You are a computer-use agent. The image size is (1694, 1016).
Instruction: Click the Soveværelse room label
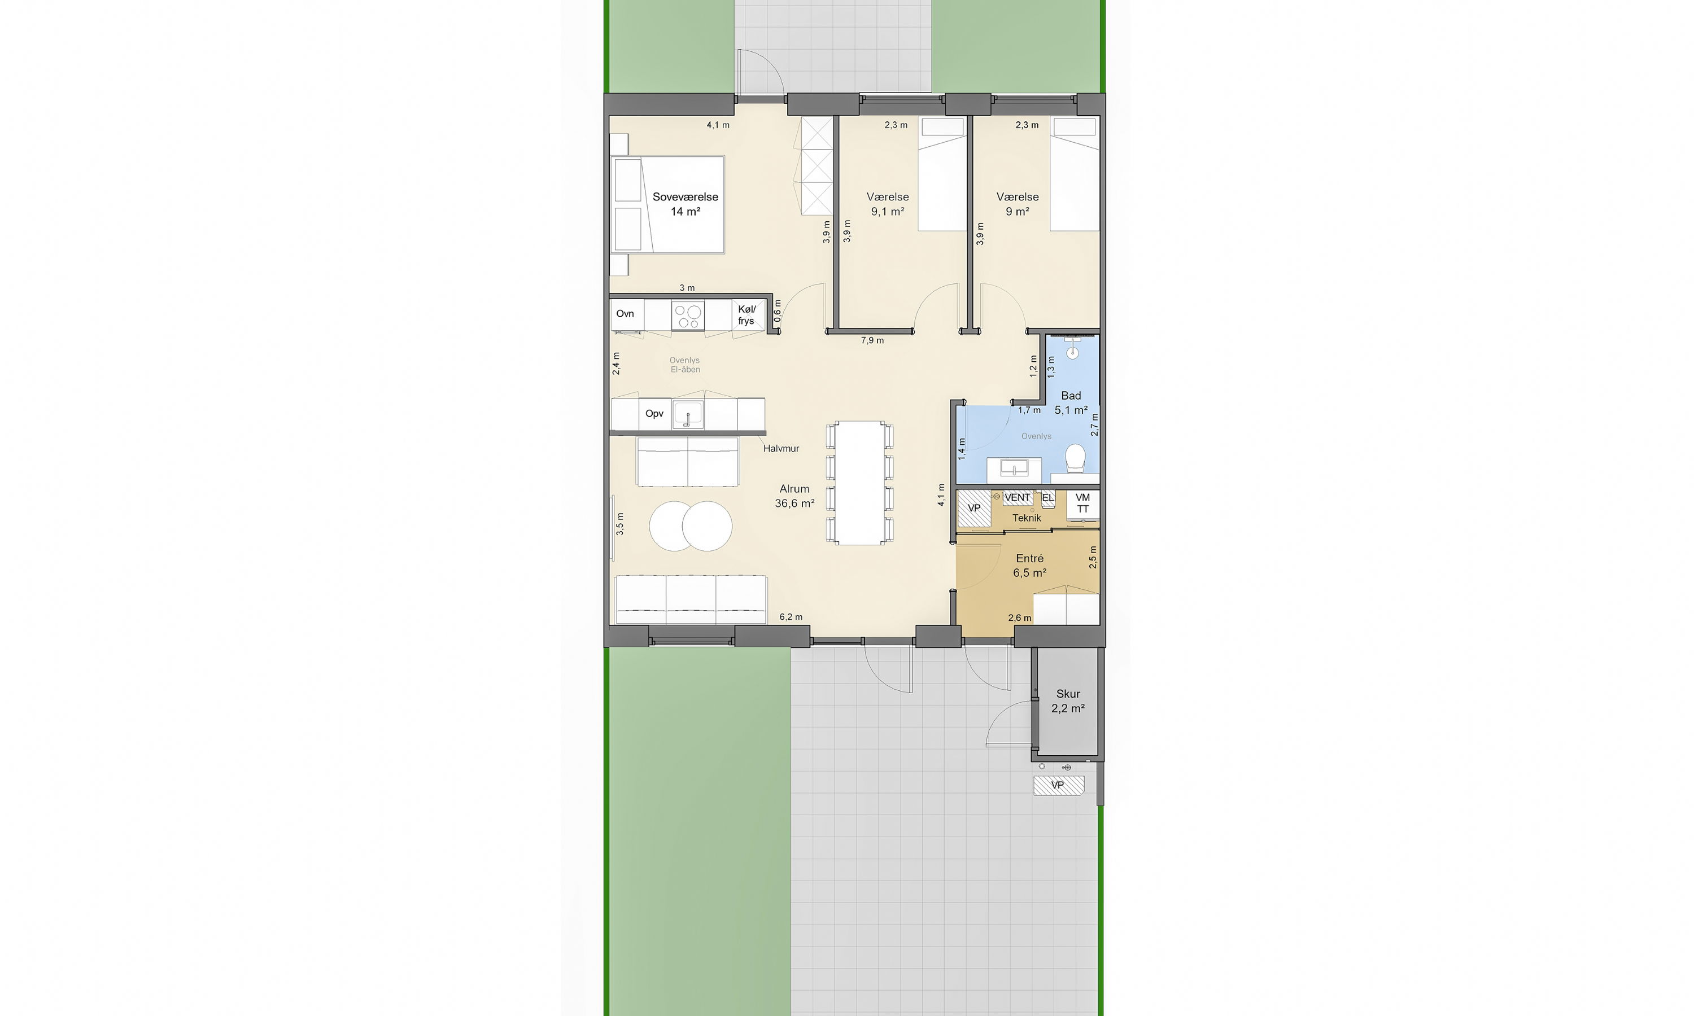coord(686,204)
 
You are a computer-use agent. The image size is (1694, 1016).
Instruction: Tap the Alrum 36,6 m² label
coord(794,496)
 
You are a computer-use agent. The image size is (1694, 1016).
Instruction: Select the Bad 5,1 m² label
coord(1071,403)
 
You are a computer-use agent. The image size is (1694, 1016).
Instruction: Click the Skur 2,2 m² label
coord(1068,701)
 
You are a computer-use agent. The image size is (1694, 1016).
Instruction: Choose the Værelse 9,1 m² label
coord(888,204)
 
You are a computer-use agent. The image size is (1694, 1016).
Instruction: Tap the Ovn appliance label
coord(625,314)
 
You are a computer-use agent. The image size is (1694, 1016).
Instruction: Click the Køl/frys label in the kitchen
coord(746,315)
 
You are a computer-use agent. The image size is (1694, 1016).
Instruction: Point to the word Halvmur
coord(781,448)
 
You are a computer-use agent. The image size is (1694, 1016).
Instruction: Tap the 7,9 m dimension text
coord(872,340)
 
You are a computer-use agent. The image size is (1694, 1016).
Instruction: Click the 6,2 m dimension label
coord(791,617)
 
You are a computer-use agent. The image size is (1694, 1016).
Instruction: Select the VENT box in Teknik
coord(1018,498)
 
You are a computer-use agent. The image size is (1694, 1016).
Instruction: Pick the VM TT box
coord(1082,504)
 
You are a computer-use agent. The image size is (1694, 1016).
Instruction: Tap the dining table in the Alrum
coord(860,483)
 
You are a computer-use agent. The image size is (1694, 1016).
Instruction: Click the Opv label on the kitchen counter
coord(654,414)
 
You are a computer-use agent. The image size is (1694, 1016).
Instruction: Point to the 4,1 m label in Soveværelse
coord(718,125)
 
